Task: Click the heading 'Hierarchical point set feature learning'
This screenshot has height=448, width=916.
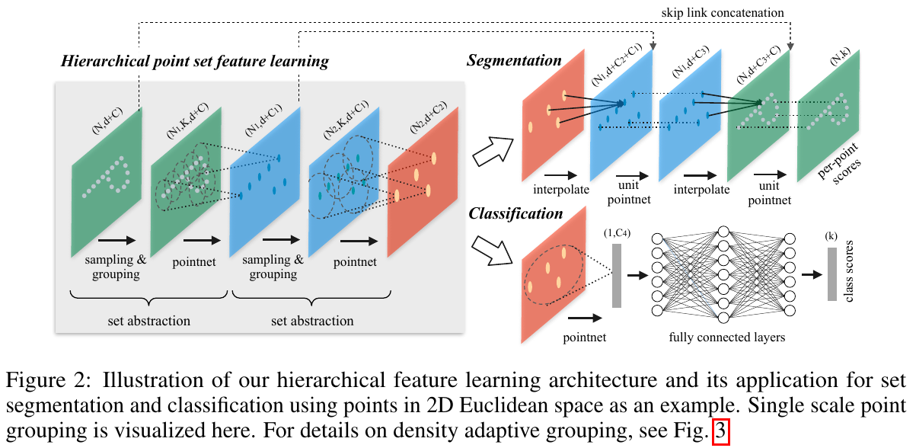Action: [x=195, y=62]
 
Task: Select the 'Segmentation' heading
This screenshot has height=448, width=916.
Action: [x=514, y=60]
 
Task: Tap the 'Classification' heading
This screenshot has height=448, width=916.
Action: [x=515, y=214]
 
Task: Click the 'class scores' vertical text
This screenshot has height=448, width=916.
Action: [x=851, y=274]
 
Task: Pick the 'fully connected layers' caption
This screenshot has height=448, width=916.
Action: [x=727, y=336]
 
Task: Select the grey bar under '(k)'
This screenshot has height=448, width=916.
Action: [x=832, y=274]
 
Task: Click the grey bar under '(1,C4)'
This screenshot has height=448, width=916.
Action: [x=617, y=275]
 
